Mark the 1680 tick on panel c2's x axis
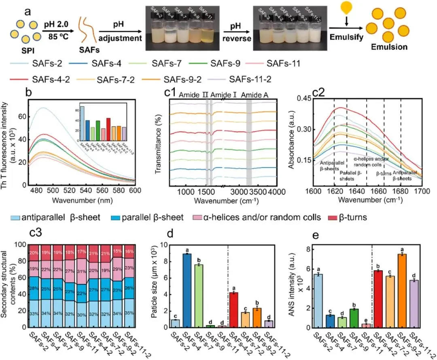click(401, 198)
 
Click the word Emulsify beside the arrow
click(344, 40)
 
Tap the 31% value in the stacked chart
click(82, 271)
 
